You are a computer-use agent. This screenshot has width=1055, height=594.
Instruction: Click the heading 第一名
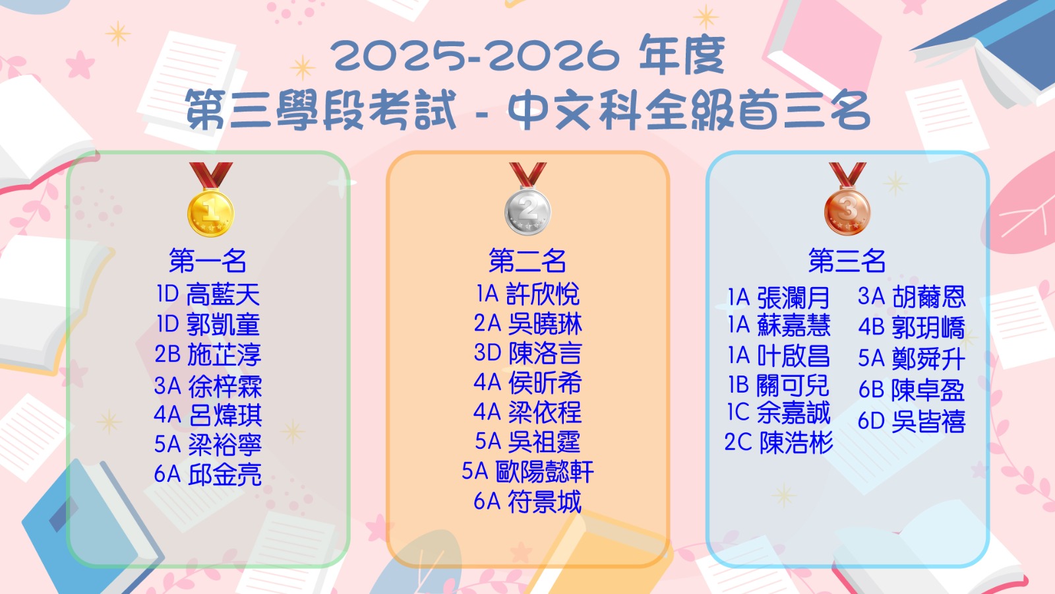pyautogui.click(x=208, y=261)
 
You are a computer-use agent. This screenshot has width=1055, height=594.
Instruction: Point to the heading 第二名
pyautogui.click(x=527, y=261)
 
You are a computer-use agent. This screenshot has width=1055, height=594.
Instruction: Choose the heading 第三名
pyautogui.click(x=847, y=261)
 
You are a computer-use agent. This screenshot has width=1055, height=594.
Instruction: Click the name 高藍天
pyautogui.click(x=224, y=295)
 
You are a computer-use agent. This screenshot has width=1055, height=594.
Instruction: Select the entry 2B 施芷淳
pyautogui.click(x=208, y=354)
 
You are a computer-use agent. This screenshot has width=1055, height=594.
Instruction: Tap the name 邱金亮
pyautogui.click(x=225, y=475)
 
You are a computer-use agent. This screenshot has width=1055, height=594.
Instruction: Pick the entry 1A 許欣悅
pyautogui.click(x=527, y=294)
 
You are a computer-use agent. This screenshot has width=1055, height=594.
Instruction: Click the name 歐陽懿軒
pyautogui.click(x=545, y=471)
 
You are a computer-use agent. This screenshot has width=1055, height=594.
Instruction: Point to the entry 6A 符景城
pyautogui.click(x=527, y=502)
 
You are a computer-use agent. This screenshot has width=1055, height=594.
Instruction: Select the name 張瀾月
pyautogui.click(x=794, y=298)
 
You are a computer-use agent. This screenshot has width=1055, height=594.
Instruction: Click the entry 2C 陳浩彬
pyautogui.click(x=779, y=443)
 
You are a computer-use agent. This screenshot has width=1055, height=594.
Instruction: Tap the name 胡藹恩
pyautogui.click(x=929, y=296)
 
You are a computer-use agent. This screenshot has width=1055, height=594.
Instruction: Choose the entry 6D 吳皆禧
pyautogui.click(x=912, y=422)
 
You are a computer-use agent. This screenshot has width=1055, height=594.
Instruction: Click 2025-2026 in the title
pyautogui.click(x=475, y=56)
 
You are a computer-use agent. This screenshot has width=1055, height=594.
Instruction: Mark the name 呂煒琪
pyautogui.click(x=225, y=415)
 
